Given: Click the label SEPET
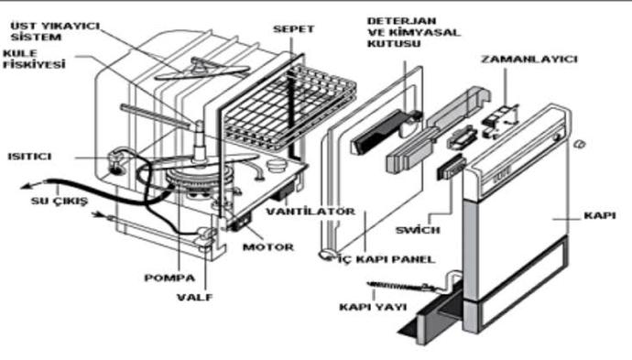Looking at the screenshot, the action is (293, 29).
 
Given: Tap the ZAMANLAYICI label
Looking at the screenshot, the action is (529, 60).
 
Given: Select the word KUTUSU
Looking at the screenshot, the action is (394, 44).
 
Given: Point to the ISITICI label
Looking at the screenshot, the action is (30, 157).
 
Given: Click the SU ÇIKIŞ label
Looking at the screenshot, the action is (60, 201).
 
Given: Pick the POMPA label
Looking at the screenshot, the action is (169, 278).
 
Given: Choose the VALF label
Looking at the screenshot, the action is (194, 298).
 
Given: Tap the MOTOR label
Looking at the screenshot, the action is (268, 247).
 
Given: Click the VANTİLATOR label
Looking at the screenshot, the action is (311, 212).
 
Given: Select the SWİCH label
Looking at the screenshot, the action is (418, 230).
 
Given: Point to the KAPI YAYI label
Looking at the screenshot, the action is (373, 307).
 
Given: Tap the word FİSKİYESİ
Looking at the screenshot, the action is (34, 64).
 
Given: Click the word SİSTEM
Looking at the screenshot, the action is (36, 37).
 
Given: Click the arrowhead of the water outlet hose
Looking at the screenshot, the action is (27, 186).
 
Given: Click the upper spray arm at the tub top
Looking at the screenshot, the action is (202, 70).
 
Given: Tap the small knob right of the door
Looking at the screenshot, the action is (581, 144).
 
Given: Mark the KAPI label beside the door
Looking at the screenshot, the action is (600, 215).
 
